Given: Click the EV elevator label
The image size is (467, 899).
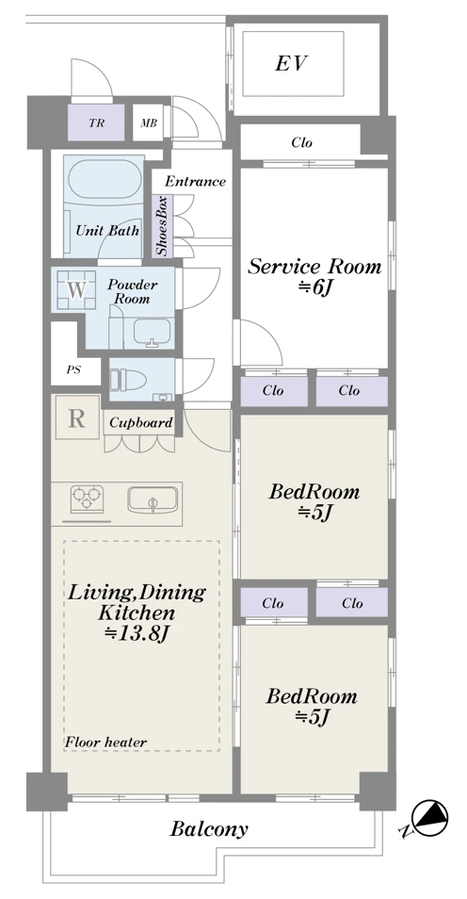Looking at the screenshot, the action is point(292,63).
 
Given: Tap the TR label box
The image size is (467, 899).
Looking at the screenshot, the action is point(96,123).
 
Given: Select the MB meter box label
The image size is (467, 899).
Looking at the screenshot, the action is point(149,123).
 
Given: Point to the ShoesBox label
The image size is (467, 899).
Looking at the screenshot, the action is point(163,225).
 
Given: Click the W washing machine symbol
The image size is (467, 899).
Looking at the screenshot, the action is point(77,290).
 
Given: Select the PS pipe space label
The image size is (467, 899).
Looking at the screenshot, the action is point(73,369).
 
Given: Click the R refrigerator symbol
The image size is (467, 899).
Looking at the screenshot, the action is point(77,418).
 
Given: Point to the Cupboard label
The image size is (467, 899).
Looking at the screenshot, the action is point(141,423).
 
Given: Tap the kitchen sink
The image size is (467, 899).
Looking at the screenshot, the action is point(153,500).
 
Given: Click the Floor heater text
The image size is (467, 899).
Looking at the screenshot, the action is point(105,742).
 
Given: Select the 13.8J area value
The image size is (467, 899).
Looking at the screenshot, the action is point(137,633).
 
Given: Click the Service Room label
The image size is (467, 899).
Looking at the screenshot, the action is point(314,267).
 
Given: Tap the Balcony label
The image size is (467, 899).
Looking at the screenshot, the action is point(209,829).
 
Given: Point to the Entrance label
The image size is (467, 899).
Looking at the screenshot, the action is point(196,182).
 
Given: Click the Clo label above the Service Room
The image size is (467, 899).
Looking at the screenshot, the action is point(302,142).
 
